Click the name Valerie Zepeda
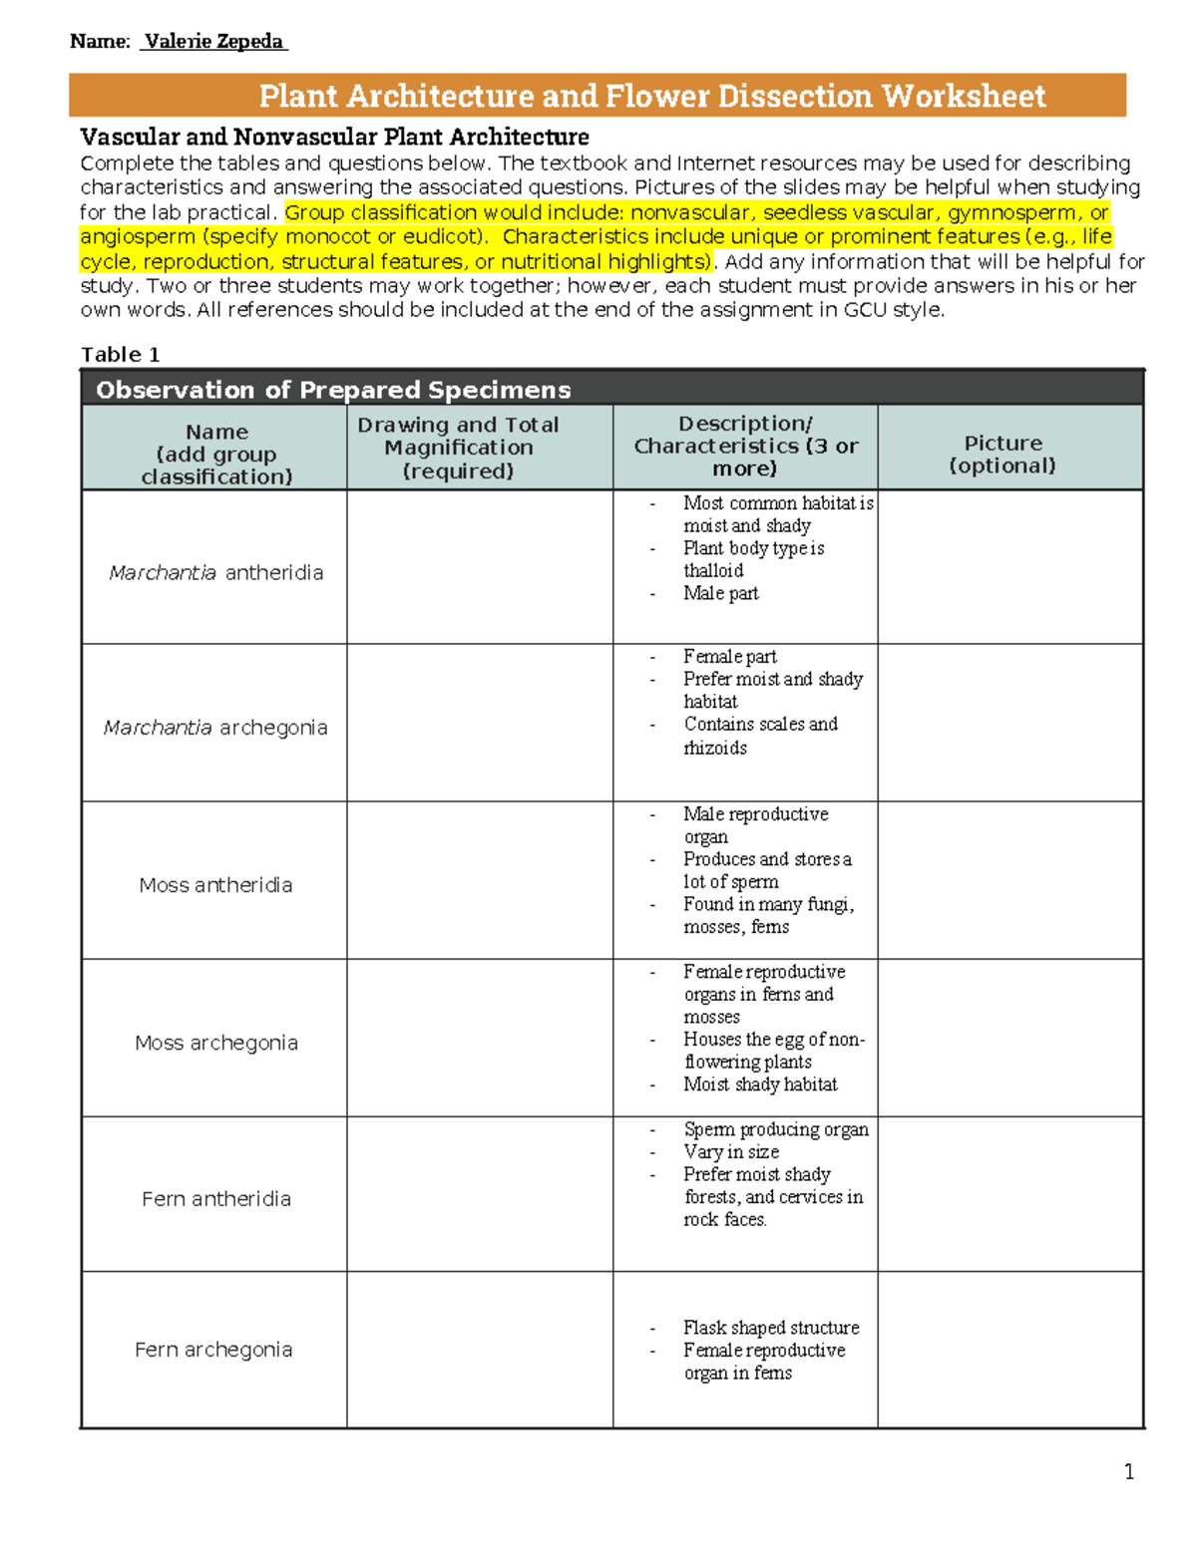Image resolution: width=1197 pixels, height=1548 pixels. click(x=213, y=42)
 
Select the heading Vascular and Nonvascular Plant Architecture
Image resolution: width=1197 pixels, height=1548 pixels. click(x=334, y=137)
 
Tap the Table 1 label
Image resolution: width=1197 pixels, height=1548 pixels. click(x=120, y=355)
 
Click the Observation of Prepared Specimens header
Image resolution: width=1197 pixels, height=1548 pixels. click(x=333, y=390)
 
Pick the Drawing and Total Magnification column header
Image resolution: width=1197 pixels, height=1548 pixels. click(x=459, y=448)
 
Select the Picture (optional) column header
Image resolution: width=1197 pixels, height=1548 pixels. click(x=1002, y=455)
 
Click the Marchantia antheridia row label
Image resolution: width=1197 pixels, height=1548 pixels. click(x=216, y=573)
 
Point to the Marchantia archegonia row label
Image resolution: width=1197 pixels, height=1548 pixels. click(x=215, y=728)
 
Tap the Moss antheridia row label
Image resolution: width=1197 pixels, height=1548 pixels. click(x=215, y=885)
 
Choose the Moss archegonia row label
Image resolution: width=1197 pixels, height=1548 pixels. click(x=216, y=1043)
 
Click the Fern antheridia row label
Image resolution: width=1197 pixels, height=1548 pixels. click(x=216, y=1199)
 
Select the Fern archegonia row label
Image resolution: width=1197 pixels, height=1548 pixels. click(x=213, y=1350)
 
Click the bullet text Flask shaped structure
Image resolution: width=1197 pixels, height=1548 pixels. click(x=771, y=1328)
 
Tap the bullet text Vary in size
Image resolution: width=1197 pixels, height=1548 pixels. click(x=731, y=1152)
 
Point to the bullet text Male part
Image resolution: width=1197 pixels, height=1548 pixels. click(x=720, y=594)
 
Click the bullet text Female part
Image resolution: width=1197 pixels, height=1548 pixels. click(x=729, y=657)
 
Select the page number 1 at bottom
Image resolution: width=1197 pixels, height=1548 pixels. click(x=1128, y=1472)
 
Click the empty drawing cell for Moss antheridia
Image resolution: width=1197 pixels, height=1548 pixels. click(x=479, y=880)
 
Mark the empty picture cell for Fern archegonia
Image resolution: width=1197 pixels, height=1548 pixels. click(x=1009, y=1350)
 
